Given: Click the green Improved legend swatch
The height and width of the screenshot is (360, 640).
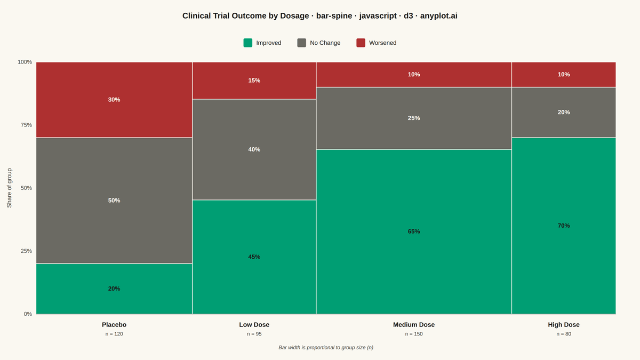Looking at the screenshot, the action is point(247,43).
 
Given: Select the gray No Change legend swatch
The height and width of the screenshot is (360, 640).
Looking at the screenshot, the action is point(302,43).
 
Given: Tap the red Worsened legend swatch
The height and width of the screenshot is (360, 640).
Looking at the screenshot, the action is point(361,43).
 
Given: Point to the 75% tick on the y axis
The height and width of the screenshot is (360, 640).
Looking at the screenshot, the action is point(26,125).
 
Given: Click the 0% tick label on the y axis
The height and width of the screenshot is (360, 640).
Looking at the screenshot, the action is point(28,314).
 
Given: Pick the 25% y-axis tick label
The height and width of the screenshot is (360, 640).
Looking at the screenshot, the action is point(26,251).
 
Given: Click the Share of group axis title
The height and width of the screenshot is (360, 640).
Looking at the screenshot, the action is point(9,188).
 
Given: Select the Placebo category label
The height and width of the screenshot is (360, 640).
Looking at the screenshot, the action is point(114,325).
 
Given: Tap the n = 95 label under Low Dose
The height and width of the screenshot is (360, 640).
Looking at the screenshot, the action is point(254,334).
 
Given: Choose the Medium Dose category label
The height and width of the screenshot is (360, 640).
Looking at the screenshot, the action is point(414,325).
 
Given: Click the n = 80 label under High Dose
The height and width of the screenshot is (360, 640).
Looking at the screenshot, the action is point(564,334).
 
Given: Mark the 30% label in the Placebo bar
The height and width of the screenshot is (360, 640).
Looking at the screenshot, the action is point(114,100).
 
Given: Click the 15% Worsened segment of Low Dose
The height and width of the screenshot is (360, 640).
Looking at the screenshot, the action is point(254,81).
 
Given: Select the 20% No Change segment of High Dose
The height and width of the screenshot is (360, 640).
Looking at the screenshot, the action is point(564,113).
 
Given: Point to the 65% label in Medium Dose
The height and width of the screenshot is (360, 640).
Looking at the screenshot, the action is point(414,231).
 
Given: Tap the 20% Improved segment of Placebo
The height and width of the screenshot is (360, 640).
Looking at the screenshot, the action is point(114,289).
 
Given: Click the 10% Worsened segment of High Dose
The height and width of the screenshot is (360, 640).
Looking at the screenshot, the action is point(564,75).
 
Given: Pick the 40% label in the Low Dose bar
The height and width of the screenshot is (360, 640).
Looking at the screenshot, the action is point(254,149).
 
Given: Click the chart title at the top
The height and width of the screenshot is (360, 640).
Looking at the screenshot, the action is point(320,15).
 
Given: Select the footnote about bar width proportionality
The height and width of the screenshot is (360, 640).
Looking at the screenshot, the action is point(326,347).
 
